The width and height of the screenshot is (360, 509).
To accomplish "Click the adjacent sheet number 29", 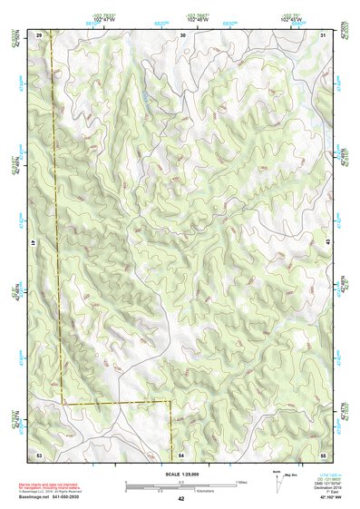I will (x=39, y=34).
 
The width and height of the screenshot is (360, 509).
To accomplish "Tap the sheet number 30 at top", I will (x=182, y=34).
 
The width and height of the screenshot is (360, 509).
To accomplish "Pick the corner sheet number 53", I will (x=39, y=454).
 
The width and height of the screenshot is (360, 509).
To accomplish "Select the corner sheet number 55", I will (x=323, y=454).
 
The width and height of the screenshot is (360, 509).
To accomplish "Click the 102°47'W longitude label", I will (x=105, y=20).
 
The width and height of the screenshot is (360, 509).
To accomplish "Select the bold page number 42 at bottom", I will (x=181, y=499).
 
